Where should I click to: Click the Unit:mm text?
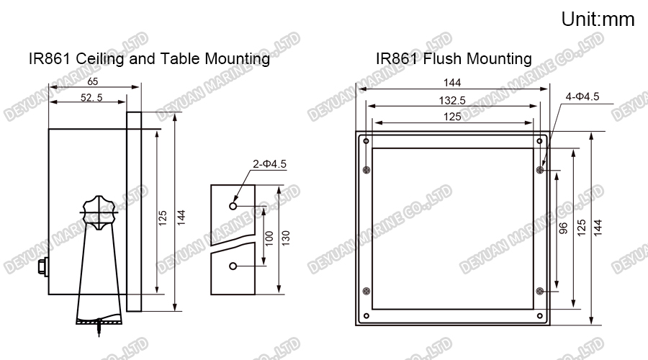click(x=598, y=19)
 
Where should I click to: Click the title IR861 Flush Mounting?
click(x=454, y=58)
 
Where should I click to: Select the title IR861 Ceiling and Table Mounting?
click(x=149, y=58)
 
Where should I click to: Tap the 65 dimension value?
click(x=93, y=82)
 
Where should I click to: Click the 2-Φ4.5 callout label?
click(x=269, y=165)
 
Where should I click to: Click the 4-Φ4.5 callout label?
click(x=582, y=96)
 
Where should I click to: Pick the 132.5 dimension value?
click(x=452, y=99)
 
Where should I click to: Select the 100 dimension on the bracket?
click(x=269, y=239)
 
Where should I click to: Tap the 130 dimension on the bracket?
click(x=287, y=239)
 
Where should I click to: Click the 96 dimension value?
click(x=563, y=228)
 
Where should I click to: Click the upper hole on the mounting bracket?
click(x=233, y=205)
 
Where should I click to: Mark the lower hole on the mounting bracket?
click(x=233, y=266)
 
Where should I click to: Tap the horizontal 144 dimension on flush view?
click(x=452, y=83)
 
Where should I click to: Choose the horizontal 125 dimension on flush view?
click(x=452, y=116)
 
